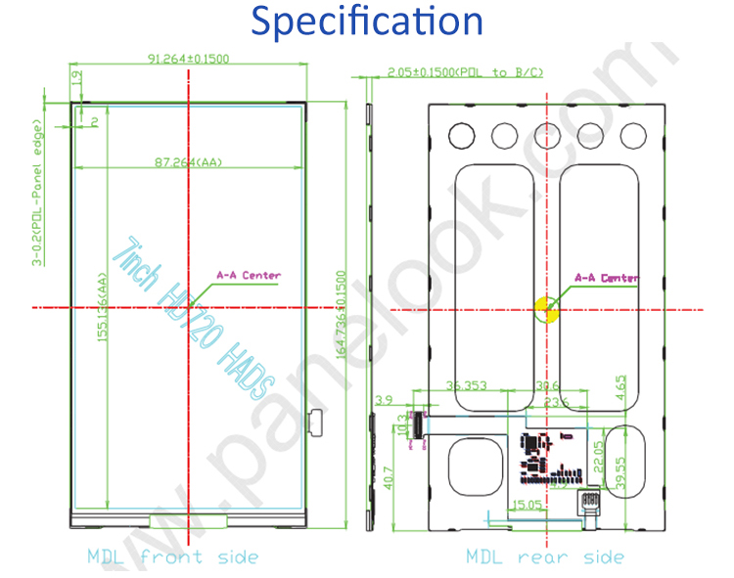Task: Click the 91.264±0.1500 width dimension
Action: (x=188, y=59)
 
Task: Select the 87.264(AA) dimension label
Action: (x=188, y=161)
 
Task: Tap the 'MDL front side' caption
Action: (x=172, y=556)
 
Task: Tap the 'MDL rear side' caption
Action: (x=544, y=556)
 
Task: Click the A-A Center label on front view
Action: (x=248, y=275)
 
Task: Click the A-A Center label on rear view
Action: (x=607, y=278)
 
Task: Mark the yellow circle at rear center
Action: (x=546, y=311)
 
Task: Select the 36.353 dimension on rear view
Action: (x=466, y=386)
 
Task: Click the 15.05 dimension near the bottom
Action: (x=528, y=505)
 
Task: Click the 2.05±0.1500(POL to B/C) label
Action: (x=464, y=72)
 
